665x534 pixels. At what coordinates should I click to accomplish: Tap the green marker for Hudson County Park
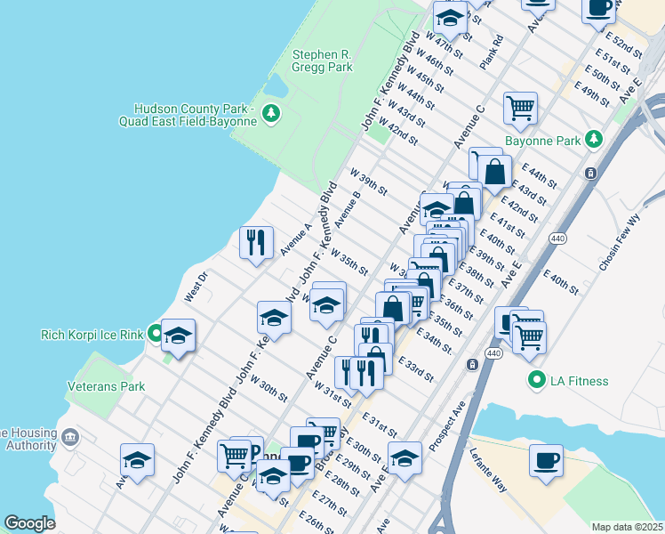point(272,114)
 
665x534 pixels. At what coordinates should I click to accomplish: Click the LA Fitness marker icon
point(536,381)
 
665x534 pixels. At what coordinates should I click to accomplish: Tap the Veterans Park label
point(106,386)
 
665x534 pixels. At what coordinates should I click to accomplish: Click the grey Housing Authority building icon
point(70,438)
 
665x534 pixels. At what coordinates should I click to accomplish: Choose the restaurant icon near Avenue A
point(255,243)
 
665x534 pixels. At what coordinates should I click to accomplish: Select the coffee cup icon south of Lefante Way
point(545,461)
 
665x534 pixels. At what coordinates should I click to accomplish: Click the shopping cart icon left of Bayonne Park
point(520,109)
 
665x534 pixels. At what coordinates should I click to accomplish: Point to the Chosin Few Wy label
point(620,248)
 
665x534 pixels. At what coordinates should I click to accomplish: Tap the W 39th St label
point(369,181)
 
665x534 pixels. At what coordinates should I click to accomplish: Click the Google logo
point(29,523)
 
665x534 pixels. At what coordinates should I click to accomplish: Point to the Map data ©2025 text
point(628,527)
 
